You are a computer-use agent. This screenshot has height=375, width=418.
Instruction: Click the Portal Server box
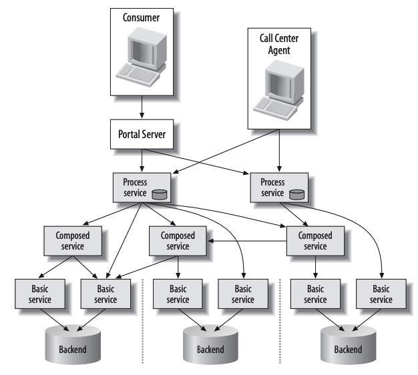(x=142, y=135)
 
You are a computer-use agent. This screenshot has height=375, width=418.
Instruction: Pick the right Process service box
(x=278, y=187)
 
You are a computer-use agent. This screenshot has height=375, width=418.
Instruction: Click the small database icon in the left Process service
(x=159, y=194)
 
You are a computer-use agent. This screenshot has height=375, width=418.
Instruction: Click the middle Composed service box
(x=178, y=241)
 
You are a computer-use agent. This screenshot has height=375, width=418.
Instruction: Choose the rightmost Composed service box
(x=315, y=241)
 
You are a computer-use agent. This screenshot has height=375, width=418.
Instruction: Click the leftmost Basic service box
(x=40, y=294)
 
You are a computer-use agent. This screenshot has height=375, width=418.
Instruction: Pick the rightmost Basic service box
(x=381, y=294)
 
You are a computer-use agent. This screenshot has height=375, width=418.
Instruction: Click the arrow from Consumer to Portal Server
(x=142, y=106)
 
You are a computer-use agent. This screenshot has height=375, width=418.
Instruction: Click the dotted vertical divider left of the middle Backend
(x=144, y=320)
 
